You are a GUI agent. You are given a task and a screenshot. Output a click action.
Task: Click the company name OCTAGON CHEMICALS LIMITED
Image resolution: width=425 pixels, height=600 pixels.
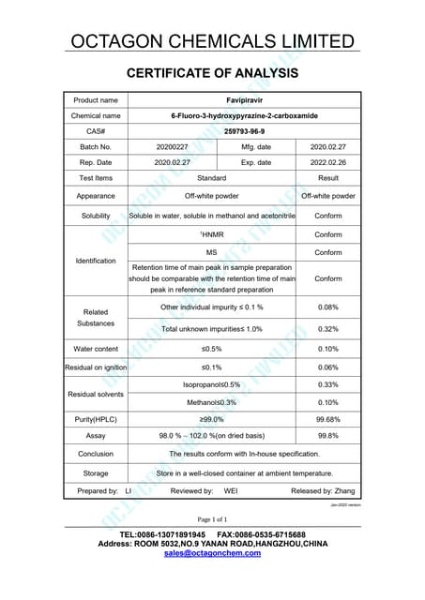click(212, 40)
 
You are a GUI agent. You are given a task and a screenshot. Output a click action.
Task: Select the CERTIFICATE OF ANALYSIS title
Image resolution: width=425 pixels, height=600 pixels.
click(212, 72)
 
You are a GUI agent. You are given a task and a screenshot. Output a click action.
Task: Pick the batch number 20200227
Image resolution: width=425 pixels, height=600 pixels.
click(173, 147)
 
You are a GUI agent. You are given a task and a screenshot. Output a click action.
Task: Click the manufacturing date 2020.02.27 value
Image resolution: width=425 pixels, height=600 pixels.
click(328, 147)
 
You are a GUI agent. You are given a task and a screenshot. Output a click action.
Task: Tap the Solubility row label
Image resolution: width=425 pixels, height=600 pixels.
click(96, 216)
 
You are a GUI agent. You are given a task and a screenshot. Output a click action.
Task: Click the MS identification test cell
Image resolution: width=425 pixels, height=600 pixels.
click(212, 253)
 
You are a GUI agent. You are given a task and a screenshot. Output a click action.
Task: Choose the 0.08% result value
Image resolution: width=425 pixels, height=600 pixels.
click(328, 307)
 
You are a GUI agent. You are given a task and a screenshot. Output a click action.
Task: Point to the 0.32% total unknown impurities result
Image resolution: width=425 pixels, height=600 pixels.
click(328, 329)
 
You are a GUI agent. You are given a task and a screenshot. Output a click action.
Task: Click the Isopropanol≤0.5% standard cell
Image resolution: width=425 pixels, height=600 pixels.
click(212, 384)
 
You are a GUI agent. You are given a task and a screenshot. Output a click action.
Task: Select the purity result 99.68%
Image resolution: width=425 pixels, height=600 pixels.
click(328, 419)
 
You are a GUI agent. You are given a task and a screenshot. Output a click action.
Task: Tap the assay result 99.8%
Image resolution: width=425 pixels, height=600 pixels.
click(328, 436)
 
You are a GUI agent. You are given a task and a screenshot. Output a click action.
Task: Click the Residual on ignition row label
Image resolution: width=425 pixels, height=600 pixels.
click(96, 367)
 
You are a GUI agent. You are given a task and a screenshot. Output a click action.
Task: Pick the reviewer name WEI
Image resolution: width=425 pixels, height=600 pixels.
click(231, 490)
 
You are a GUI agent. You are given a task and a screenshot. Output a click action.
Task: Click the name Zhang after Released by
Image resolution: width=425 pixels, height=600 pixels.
click(343, 490)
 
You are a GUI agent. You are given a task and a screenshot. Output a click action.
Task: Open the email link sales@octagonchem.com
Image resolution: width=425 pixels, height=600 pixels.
click(212, 553)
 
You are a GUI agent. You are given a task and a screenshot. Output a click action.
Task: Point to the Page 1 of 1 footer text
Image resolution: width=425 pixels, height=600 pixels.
click(212, 518)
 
